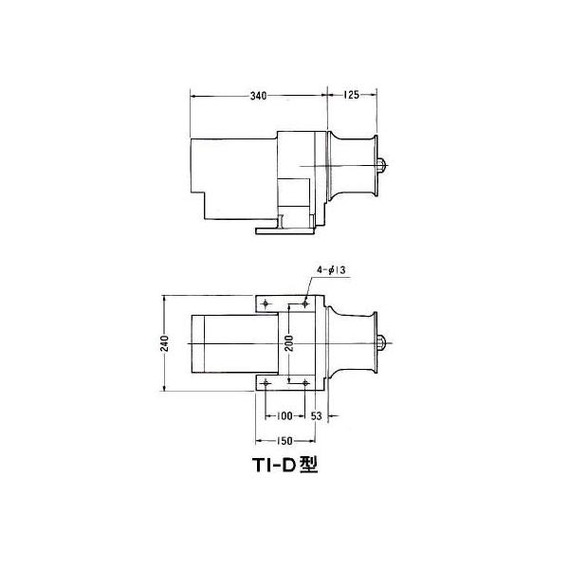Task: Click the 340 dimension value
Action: point(258,96)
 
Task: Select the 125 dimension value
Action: point(351,95)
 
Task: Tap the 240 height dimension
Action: point(164,343)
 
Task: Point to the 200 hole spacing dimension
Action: point(289,343)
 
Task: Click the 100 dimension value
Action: point(284,416)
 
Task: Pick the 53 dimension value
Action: point(317,416)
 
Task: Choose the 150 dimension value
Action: point(284,441)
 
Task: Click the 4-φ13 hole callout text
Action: point(331,270)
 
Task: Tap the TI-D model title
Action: point(285,465)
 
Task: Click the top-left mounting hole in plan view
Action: point(266,303)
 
